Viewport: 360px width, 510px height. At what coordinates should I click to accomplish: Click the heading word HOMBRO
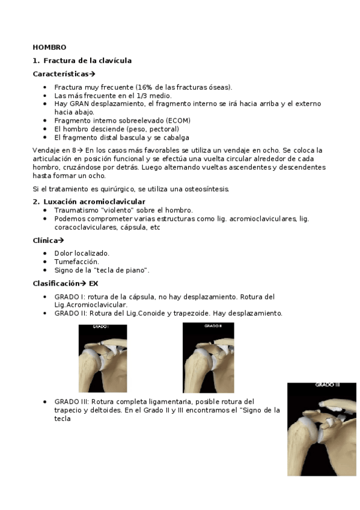pyautogui.click(x=49, y=47)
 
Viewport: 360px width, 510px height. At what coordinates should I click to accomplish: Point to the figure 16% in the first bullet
pyautogui.click(x=144, y=87)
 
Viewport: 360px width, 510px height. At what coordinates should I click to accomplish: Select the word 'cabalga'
pyautogui.click(x=158, y=137)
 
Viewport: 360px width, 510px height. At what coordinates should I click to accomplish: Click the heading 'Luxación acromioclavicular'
pyautogui.click(x=94, y=201)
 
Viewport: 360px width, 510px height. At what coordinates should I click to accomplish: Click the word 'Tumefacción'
pyautogui.click(x=76, y=262)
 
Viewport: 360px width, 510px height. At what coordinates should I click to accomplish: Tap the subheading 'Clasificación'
pyautogui.click(x=55, y=283)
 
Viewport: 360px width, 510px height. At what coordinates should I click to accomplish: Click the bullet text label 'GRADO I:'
pyautogui.click(x=70, y=296)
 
